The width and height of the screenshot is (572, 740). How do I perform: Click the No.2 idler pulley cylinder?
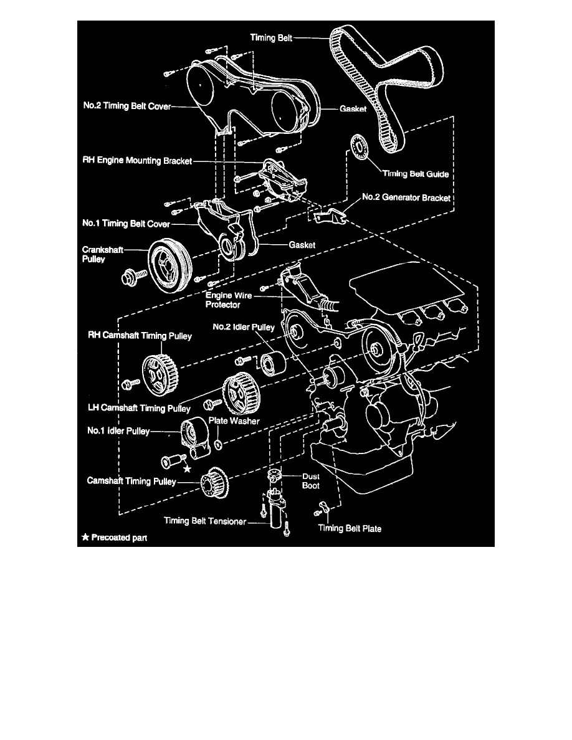click(272, 364)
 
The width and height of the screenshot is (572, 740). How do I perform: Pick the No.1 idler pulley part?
click(194, 435)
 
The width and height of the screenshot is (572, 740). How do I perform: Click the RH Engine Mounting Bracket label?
click(137, 160)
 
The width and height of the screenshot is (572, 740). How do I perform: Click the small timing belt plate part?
click(323, 506)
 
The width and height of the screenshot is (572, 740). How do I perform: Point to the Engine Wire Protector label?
click(228, 301)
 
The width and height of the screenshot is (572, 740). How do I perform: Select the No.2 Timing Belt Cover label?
click(126, 107)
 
